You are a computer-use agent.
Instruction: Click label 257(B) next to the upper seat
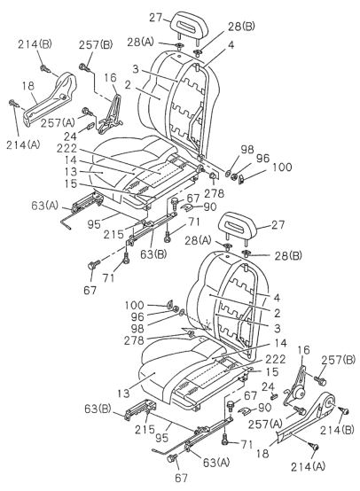point(95,44)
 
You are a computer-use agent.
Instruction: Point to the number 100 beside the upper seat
point(282,167)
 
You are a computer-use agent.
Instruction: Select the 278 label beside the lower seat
point(134,340)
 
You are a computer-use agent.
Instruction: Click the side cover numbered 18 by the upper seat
point(51,98)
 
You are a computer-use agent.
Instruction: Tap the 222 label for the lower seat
point(276,359)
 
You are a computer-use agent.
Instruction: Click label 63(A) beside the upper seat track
point(45,206)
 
